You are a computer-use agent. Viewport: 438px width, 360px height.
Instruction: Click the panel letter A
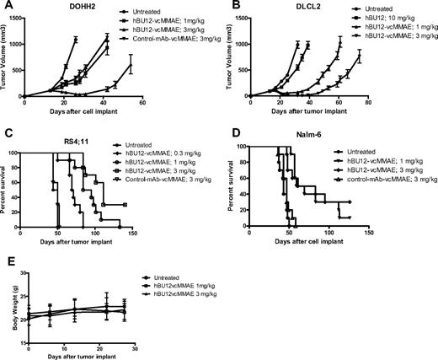tap(6, 7)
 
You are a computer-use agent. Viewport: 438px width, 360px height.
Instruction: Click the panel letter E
tap(6, 265)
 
